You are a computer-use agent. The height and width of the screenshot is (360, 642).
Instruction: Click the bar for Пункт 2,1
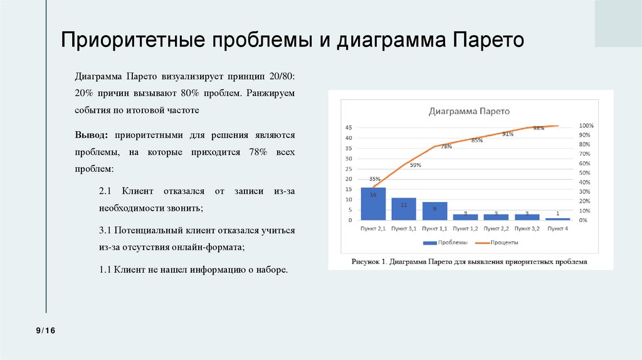click(x=373, y=204)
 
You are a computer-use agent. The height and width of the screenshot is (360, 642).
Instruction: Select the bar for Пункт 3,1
click(x=404, y=209)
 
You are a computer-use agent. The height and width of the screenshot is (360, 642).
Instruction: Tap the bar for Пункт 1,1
click(x=434, y=211)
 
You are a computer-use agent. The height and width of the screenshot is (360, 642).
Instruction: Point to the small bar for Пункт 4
click(x=557, y=219)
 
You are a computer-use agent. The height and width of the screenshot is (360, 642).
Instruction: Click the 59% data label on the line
click(x=415, y=165)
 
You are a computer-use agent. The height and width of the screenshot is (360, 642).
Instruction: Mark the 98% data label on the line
click(x=538, y=128)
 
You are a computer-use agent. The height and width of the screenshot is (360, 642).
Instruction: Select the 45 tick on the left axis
click(x=349, y=128)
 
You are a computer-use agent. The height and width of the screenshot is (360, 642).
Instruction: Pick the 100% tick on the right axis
click(x=586, y=125)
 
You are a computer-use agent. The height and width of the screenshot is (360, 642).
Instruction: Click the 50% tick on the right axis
click(x=584, y=173)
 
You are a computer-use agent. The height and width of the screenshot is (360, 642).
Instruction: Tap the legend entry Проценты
click(x=505, y=242)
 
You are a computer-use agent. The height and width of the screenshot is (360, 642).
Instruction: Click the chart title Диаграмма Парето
click(x=469, y=112)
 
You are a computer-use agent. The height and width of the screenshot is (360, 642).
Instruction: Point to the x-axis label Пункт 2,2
click(x=496, y=229)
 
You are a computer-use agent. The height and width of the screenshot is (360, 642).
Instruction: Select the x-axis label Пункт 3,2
click(x=527, y=229)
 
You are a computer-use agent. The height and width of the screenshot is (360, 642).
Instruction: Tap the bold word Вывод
click(x=91, y=135)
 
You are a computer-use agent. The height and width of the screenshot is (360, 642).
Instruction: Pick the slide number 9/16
click(x=46, y=331)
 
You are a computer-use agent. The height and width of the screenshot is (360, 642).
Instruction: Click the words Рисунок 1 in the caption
click(x=370, y=262)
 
